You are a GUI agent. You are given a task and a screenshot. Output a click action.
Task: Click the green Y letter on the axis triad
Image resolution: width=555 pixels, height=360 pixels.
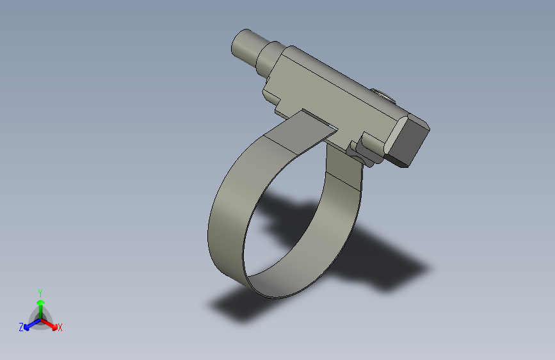(40, 291)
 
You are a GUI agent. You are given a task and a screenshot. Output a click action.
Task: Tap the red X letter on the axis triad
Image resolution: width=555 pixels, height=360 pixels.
(60, 328)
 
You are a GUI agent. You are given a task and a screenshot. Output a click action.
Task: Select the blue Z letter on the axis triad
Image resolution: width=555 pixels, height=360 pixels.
(21, 327)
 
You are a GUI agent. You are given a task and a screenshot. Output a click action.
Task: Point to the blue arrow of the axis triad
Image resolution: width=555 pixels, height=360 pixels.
(29, 323)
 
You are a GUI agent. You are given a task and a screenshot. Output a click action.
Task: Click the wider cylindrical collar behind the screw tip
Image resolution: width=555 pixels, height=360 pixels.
(269, 59)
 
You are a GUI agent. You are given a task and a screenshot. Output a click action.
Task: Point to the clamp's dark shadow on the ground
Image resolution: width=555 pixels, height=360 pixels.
(384, 269)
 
